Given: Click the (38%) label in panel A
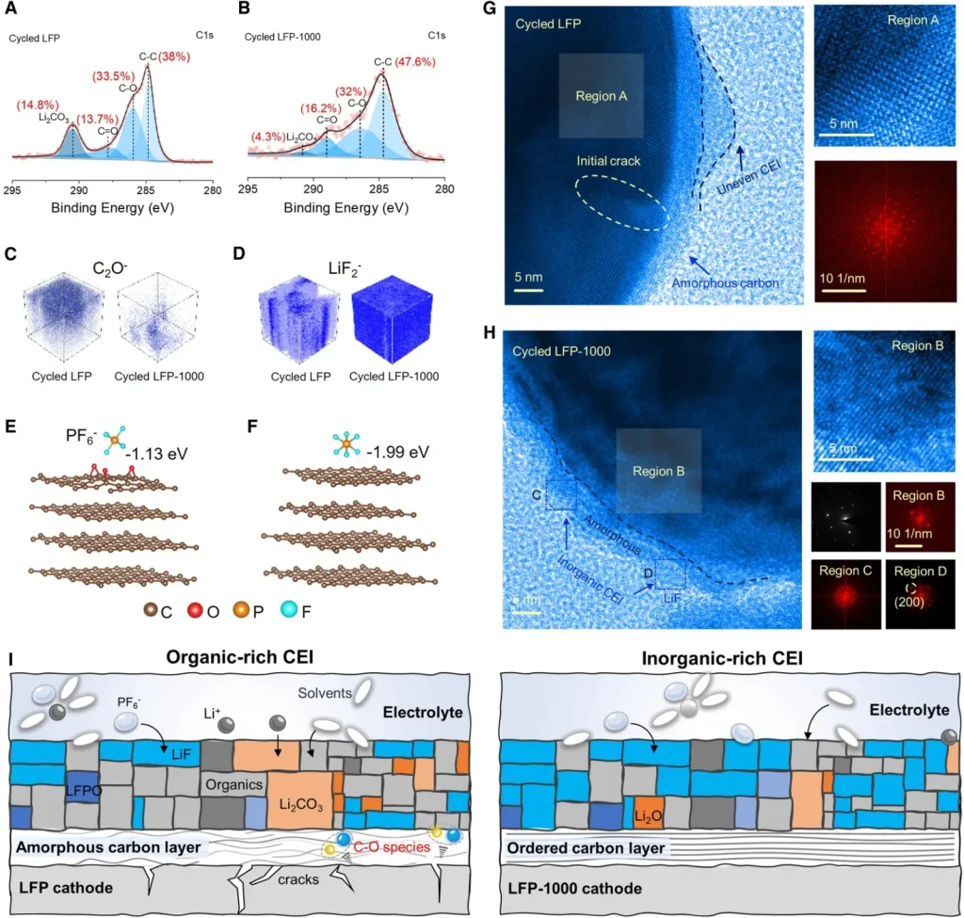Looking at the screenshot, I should point(174,56).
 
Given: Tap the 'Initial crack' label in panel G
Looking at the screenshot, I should point(609,162).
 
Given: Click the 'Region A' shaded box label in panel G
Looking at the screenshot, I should point(601,96).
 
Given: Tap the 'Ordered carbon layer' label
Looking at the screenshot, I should point(586,848).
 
